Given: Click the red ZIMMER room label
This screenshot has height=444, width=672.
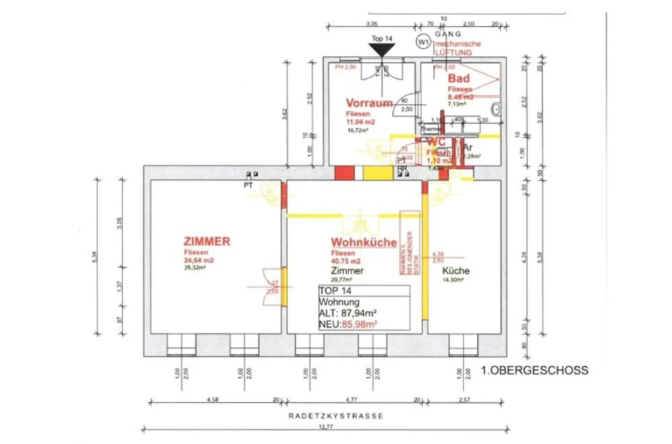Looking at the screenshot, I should coord(207,241).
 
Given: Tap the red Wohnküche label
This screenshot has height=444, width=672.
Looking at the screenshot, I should coord(364,242).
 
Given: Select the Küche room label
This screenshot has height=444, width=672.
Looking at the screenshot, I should coord(456,271).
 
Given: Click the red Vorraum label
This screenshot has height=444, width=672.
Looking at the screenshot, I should coord(369,103).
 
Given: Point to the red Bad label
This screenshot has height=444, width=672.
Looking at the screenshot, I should coord(458,78).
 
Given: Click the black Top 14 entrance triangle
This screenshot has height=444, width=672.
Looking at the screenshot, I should coord(382,49).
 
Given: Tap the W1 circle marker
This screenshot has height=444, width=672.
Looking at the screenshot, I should coord(423,42).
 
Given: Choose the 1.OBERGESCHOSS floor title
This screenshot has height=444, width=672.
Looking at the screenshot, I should coord(534,370).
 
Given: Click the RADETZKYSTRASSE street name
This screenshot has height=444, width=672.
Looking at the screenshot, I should coord(336,416).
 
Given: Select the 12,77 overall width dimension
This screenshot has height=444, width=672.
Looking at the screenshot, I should coord(325,427).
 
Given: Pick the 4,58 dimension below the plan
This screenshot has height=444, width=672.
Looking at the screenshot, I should coord(213,399).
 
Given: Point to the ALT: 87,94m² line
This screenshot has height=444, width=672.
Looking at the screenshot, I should coord(348,313).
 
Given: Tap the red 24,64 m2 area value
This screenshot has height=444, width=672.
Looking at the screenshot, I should coord(199,260).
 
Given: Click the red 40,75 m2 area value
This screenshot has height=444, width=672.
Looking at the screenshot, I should coord(346,261).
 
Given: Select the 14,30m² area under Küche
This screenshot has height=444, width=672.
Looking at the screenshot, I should coord(453,280).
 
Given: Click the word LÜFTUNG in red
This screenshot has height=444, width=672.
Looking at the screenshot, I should coord(453,53).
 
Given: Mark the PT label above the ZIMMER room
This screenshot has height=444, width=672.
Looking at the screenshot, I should coord(248,185).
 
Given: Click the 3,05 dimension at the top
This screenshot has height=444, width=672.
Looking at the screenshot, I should coord(372,24).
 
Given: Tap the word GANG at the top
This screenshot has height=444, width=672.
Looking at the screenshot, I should coord(448,34).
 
